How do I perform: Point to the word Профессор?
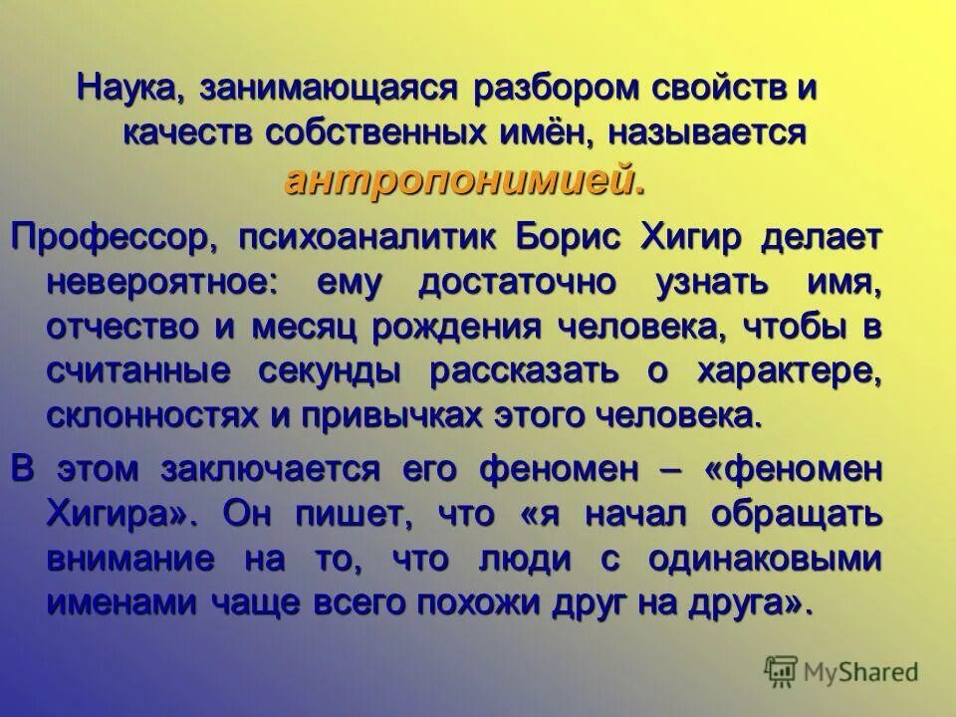[112, 237]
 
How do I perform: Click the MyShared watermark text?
[861, 671]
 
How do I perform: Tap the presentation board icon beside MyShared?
[782, 670]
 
